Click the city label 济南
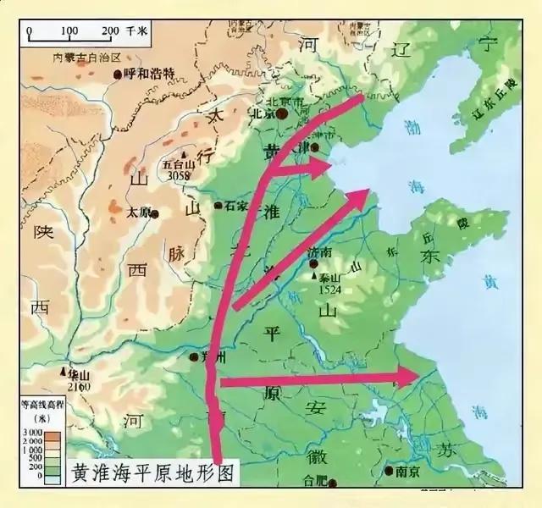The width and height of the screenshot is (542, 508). click(x=322, y=252)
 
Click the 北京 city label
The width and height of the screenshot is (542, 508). click(x=264, y=112)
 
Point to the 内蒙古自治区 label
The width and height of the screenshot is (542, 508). click(x=83, y=57)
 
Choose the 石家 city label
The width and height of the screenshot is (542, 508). click(x=236, y=206)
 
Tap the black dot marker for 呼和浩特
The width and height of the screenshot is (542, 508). click(x=116, y=75)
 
